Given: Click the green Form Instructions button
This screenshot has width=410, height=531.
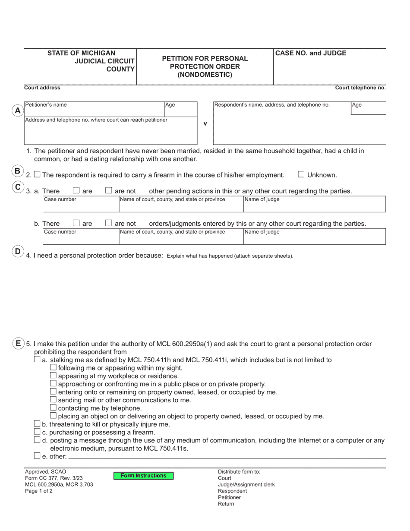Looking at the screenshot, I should click(143, 476).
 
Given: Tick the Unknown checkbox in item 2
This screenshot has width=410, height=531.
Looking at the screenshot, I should click(301, 174).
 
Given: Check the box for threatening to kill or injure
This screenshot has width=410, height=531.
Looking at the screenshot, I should click(37, 424).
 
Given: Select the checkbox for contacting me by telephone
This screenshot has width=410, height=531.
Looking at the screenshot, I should click(53, 407).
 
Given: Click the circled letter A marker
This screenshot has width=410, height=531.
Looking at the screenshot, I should click(18, 111).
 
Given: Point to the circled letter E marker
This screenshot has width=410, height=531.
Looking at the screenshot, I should click(18, 344).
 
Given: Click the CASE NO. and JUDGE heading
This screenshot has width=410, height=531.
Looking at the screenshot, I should click(311, 54).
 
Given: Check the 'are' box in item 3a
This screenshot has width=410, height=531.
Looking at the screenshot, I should click(76, 190).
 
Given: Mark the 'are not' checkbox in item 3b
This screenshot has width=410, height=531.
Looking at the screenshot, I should click(109, 223).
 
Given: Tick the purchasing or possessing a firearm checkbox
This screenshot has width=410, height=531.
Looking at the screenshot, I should click(37, 432).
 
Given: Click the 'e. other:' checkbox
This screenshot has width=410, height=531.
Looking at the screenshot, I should click(37, 456).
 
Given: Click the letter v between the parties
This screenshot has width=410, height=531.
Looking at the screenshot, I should click(205, 123).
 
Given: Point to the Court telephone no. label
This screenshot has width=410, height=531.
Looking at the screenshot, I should click(360, 88).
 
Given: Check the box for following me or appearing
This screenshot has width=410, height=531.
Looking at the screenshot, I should click(53, 367).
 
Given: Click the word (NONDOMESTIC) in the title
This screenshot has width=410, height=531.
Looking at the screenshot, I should click(205, 75).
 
